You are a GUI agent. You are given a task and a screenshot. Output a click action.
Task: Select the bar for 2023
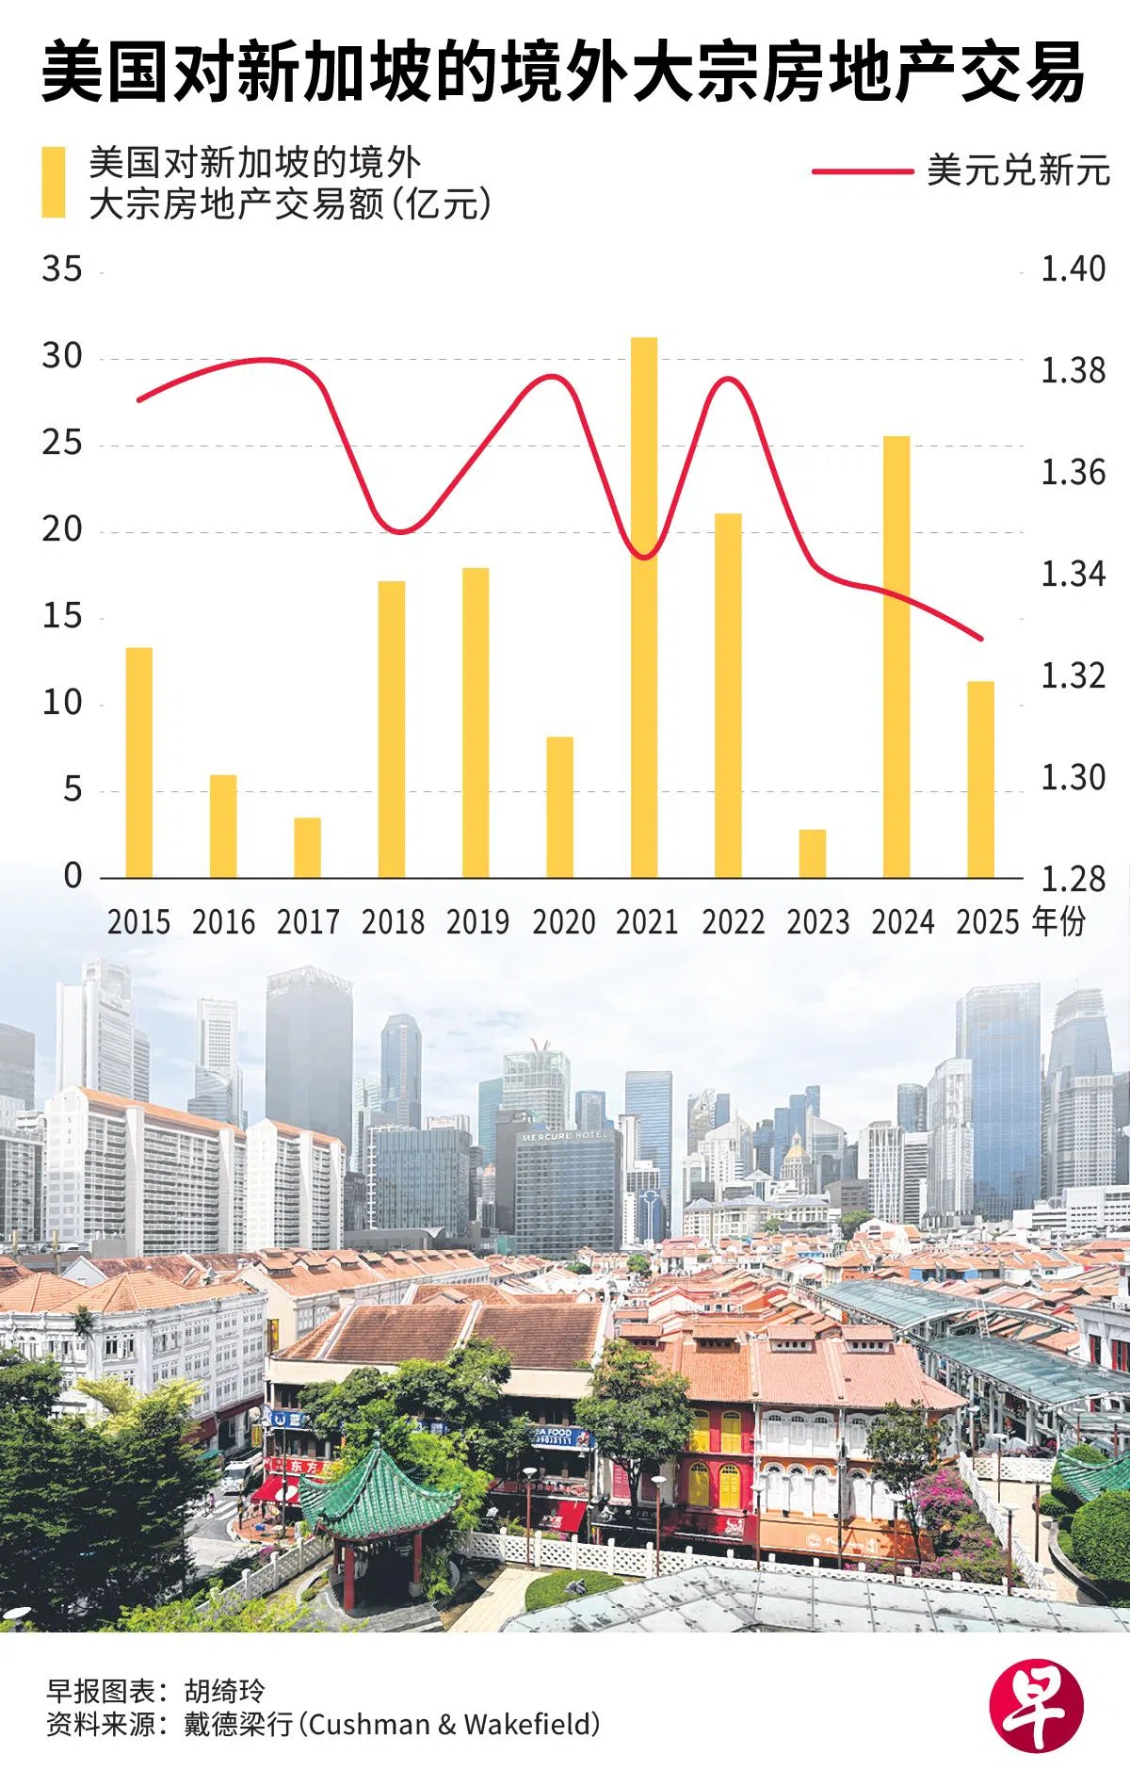pyautogui.click(x=813, y=853)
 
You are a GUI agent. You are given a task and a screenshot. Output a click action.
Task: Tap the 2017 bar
pyautogui.click(x=307, y=848)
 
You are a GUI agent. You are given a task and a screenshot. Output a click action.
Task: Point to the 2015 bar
pyautogui.click(x=139, y=763)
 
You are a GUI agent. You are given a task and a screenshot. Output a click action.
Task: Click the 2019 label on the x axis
pyautogui.click(x=477, y=921)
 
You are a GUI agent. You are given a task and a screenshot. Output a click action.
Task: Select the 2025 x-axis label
pyautogui.click(x=987, y=921)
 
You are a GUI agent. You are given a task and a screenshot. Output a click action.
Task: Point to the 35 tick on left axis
pyautogui.click(x=62, y=269)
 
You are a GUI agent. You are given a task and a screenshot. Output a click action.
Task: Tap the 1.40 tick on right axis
pyautogui.click(x=1073, y=269)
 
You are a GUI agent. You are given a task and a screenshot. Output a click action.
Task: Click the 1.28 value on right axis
pyautogui.click(x=1073, y=879)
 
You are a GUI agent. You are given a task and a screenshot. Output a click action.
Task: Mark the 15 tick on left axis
pyautogui.click(x=62, y=617)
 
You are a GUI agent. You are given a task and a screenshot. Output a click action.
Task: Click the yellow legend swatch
pyautogui.click(x=54, y=183)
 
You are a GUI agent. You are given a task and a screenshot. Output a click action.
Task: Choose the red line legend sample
pyautogui.click(x=862, y=171)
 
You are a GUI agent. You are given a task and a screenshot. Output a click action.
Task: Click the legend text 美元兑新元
pyautogui.click(x=1018, y=170)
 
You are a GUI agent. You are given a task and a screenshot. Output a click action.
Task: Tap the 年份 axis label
pyautogui.click(x=1058, y=921)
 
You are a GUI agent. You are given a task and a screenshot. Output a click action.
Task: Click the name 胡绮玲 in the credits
pyautogui.click(x=225, y=1691)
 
